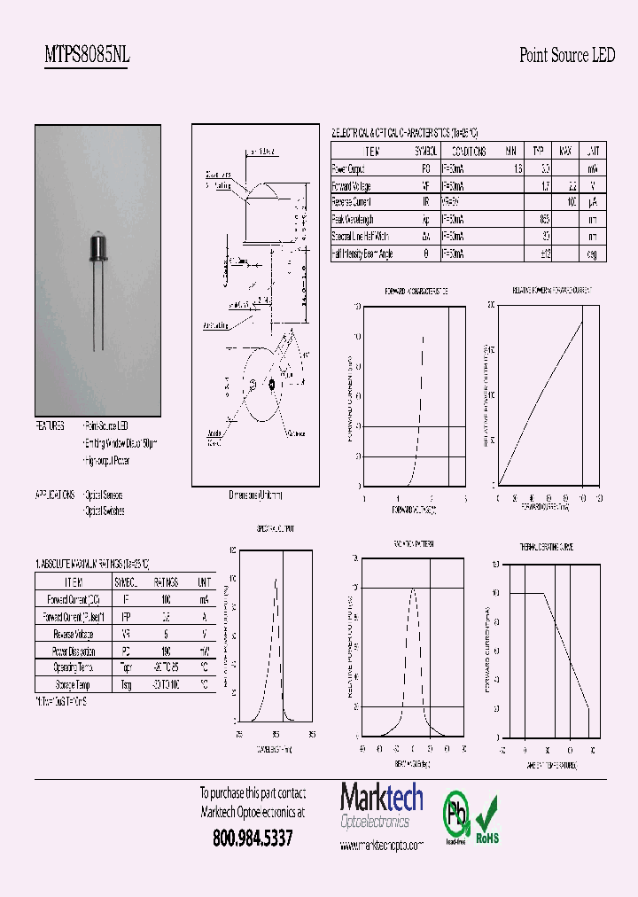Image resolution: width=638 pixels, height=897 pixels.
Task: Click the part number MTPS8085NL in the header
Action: coord(87,56)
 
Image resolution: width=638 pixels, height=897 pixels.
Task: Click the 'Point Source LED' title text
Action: coord(566,56)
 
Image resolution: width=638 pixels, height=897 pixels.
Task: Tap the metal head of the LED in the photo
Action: coord(98,249)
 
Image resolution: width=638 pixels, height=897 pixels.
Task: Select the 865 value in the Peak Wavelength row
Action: coord(544,219)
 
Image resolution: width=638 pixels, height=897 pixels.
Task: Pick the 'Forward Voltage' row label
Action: coord(352,185)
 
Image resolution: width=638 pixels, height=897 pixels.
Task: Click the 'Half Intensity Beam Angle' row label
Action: coord(362,253)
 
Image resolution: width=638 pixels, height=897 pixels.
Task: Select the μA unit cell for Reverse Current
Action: coord(594,202)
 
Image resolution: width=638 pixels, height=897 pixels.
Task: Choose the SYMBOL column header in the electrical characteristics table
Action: coord(426,152)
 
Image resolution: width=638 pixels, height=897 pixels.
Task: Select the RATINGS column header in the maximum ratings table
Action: coord(166,582)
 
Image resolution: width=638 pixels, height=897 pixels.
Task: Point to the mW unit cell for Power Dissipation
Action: coord(205,651)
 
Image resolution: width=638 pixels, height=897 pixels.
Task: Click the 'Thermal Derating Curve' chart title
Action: coord(546,548)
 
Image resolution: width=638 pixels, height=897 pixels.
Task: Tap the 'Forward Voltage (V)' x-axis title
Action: coord(414,511)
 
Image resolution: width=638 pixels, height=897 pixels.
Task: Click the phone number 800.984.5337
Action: coord(253,838)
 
